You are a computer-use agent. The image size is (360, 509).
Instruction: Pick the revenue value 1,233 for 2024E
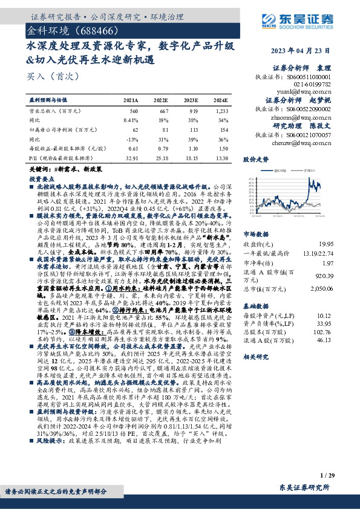tap(221, 111)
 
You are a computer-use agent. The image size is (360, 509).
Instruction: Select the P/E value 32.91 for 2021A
tap(131, 158)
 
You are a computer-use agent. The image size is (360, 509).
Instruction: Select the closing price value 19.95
tap(342, 244)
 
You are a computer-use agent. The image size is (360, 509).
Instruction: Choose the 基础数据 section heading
tap(256, 305)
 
